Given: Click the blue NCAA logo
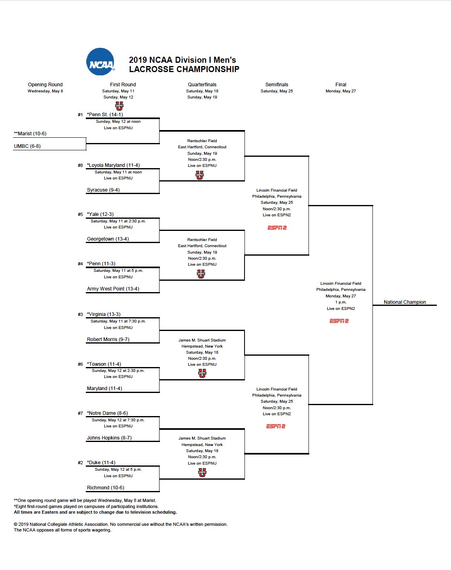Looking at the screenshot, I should (x=100, y=62).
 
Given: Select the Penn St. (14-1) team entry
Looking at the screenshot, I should (x=105, y=115).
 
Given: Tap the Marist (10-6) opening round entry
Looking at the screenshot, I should (x=30, y=134).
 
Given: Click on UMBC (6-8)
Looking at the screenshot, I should (x=27, y=146).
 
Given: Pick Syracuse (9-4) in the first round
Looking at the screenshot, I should (x=103, y=190).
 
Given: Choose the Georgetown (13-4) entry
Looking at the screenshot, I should (x=108, y=239).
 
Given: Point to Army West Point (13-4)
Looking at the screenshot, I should (x=113, y=289).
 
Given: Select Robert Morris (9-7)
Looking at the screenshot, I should (x=108, y=339).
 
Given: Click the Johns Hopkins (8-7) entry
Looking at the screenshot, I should (x=109, y=438).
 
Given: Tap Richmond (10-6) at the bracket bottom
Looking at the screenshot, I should (x=105, y=488).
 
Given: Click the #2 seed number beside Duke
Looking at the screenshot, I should (x=80, y=463).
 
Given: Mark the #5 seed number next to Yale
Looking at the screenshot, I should (x=80, y=214).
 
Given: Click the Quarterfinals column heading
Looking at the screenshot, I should (x=202, y=85).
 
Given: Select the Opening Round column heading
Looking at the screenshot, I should (x=45, y=85).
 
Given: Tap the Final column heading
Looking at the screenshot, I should (x=340, y=85).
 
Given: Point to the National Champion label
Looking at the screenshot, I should (x=404, y=302).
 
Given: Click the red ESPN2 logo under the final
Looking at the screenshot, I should (x=339, y=321).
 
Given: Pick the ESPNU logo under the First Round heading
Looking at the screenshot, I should (x=119, y=106).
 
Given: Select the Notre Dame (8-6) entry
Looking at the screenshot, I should (x=107, y=413).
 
